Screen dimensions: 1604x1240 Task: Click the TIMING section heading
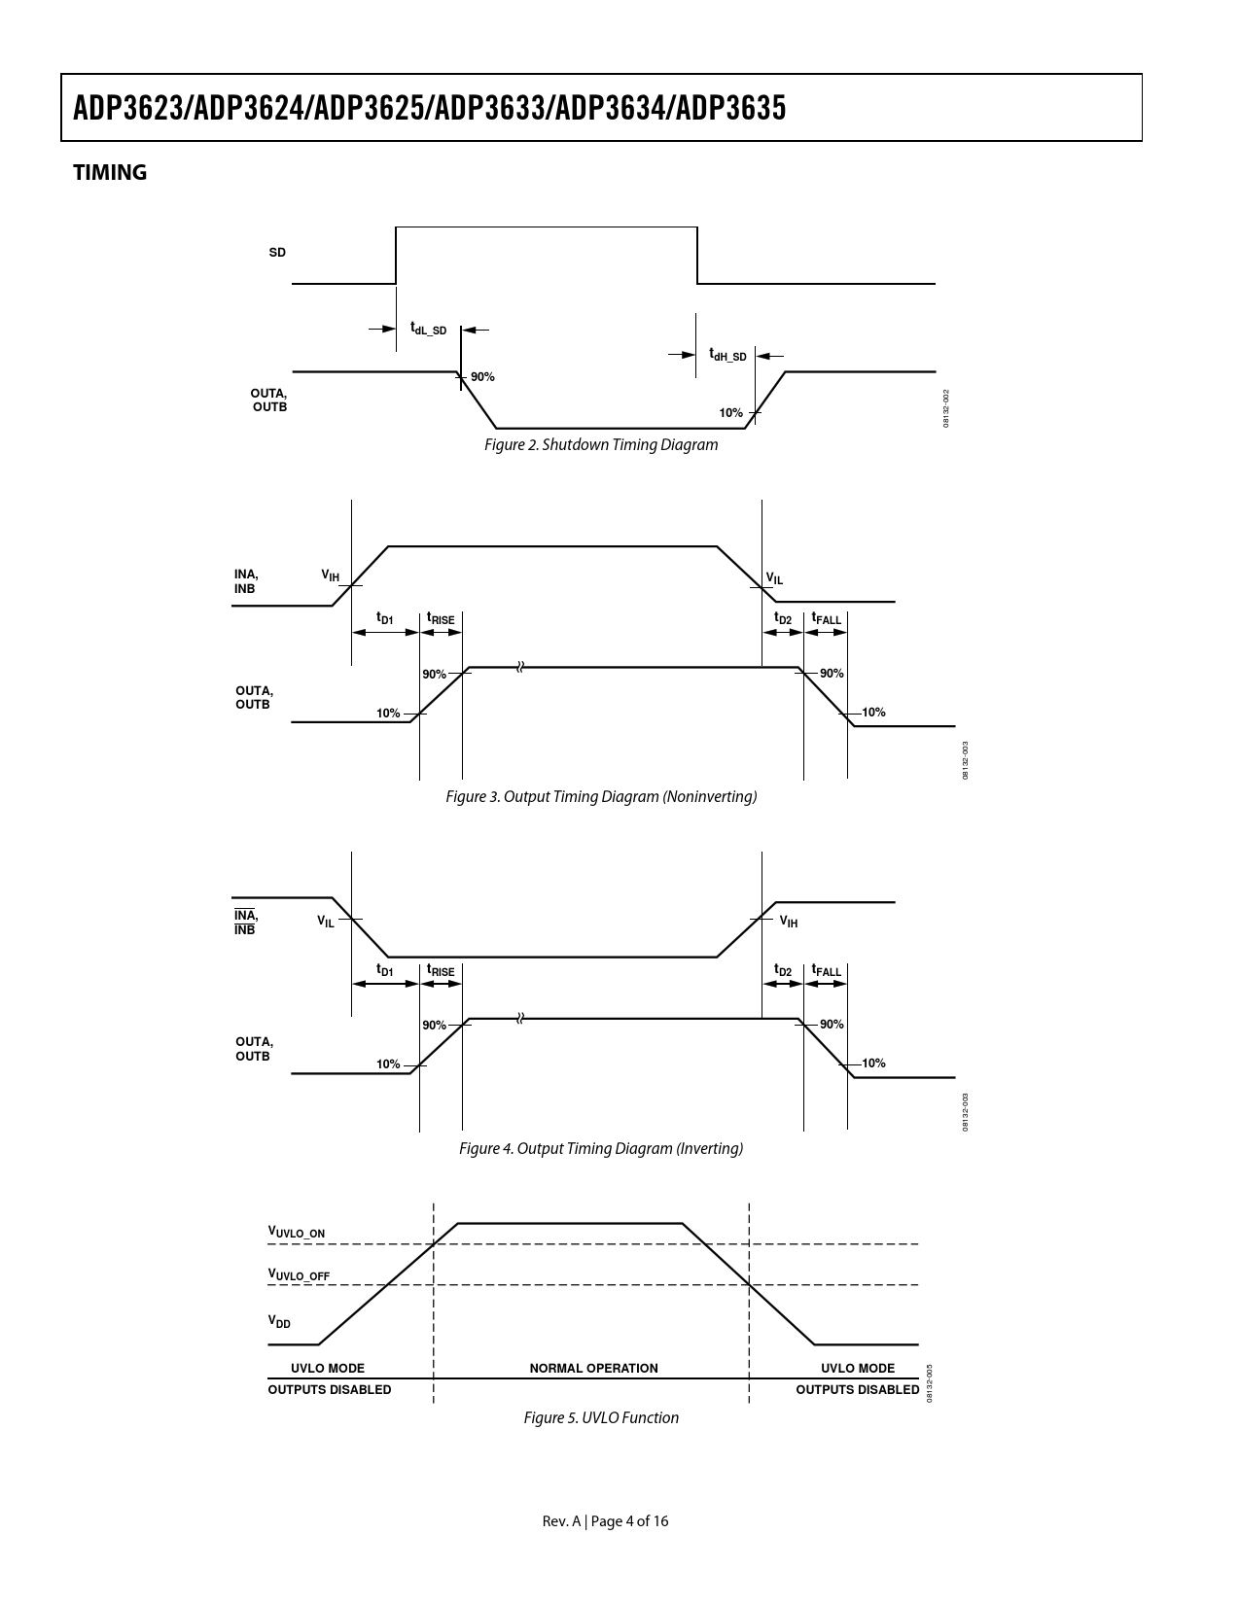[x=110, y=173]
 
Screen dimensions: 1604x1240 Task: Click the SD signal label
[x=277, y=253]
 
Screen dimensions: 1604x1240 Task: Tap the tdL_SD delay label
[x=428, y=329]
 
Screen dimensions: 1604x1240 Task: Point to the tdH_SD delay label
[x=727, y=355]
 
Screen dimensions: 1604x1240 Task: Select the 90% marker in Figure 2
[x=482, y=377]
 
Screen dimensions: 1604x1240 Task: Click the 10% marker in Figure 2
[x=730, y=413]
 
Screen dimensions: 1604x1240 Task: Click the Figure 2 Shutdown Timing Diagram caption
[x=601, y=445]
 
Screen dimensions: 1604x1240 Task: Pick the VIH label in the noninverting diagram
[x=331, y=575]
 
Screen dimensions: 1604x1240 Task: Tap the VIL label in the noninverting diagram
[x=774, y=579]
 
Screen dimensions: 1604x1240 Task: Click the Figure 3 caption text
[x=601, y=797]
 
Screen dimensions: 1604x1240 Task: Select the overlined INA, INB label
[x=245, y=923]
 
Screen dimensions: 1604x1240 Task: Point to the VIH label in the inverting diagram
[x=789, y=922]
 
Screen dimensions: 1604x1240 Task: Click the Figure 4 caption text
[x=601, y=1149]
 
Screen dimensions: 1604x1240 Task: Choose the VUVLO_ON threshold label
[x=297, y=1234]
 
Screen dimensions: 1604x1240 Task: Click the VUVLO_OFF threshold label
[x=299, y=1274]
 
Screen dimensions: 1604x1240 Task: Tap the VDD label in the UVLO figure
[x=279, y=1322]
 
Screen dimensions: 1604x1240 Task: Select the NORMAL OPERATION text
[x=593, y=1369]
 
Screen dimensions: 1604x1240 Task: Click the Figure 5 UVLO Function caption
[x=601, y=1418]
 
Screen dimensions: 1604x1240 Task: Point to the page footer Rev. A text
[x=561, y=1521]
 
